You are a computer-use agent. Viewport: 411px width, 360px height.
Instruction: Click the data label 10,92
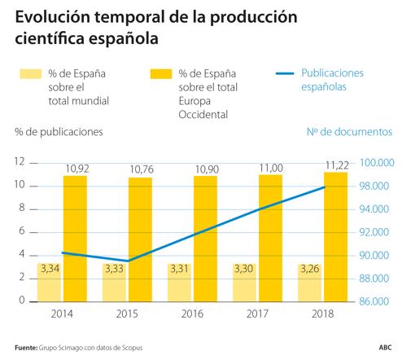pos(75,169)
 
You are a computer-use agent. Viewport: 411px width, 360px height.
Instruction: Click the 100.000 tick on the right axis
pos(375,163)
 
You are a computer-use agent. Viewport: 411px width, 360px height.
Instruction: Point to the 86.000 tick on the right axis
pos(375,301)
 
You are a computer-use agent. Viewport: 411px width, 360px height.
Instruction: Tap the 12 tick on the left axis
pos(20,162)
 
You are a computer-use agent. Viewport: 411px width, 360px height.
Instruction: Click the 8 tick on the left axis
pos(23,209)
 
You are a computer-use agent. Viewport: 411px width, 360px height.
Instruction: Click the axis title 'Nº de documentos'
pos(349,131)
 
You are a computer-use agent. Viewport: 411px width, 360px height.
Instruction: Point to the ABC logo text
pos(384,347)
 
